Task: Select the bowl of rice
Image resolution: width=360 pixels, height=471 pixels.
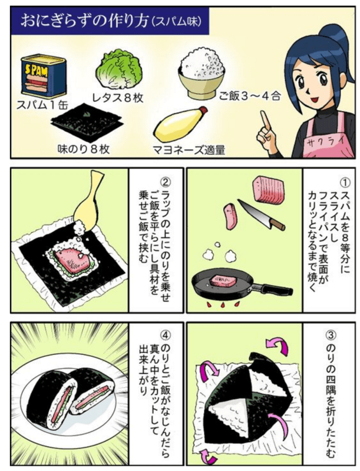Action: click(202, 74)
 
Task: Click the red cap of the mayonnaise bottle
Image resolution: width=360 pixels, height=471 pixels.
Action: click(203, 111)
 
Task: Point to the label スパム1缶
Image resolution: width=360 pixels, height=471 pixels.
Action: click(42, 105)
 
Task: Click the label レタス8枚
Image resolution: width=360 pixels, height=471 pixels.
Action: click(117, 98)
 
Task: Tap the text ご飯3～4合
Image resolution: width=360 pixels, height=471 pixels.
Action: click(250, 96)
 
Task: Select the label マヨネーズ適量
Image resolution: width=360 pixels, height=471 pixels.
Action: click(189, 150)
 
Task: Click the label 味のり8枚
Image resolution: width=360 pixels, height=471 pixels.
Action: click(84, 150)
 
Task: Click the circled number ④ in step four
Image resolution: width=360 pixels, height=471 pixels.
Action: click(166, 334)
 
